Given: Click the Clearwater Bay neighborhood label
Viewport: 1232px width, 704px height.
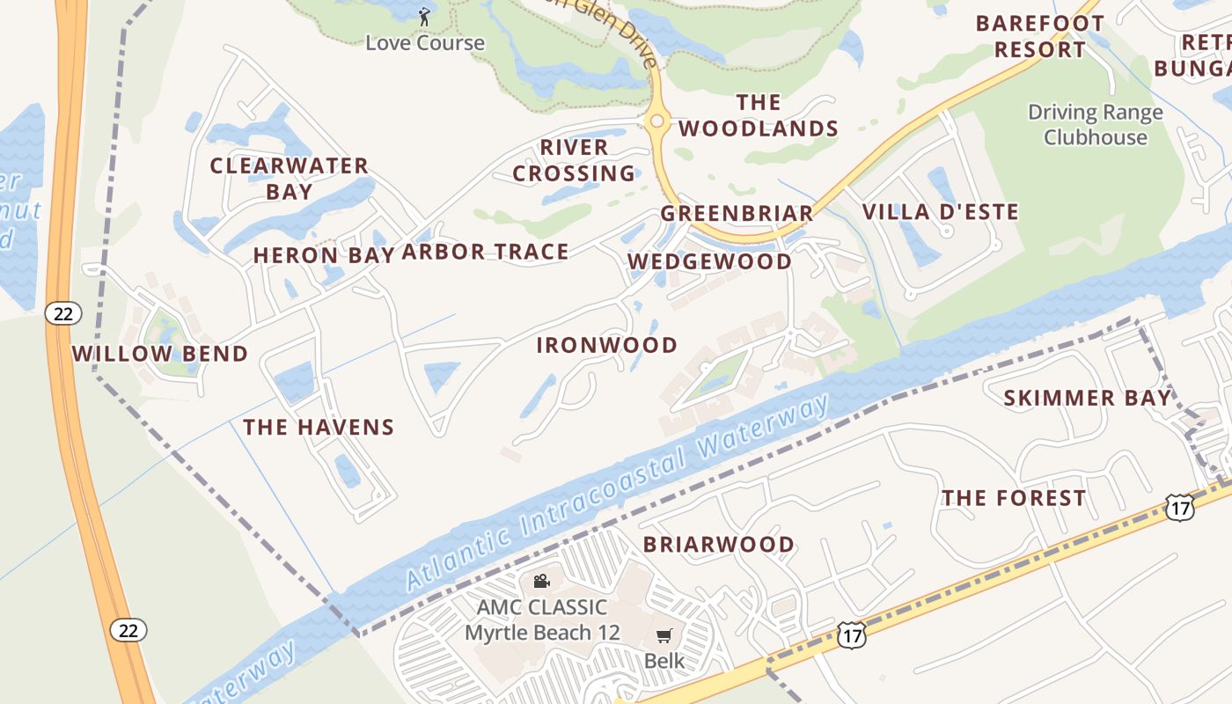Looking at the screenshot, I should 289,179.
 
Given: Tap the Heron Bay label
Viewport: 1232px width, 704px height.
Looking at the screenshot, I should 320,255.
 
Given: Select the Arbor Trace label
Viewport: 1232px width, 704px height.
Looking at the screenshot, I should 485,253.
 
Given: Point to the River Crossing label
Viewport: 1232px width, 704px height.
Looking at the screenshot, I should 574,160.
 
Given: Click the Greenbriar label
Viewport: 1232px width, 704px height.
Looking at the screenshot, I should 737,214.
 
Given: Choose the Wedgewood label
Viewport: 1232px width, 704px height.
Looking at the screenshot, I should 709,261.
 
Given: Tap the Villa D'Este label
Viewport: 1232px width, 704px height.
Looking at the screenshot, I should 940,212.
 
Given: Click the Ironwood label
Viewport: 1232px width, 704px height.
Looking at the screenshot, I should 607,345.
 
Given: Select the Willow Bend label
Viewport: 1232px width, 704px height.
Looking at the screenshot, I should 159,354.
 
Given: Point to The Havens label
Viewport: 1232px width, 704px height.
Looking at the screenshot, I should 319,428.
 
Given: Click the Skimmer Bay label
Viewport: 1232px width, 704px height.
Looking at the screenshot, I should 1088,398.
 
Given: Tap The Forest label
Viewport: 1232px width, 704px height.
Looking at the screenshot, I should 1014,498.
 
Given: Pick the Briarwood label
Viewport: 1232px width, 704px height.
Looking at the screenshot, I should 718,545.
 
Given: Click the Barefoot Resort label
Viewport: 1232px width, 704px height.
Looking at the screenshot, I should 1039,36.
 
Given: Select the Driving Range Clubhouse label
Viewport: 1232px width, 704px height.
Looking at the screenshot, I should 1095,125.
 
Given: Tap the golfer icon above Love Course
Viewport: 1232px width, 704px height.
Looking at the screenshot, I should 424,17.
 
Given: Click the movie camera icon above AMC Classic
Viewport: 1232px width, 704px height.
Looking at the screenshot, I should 541,582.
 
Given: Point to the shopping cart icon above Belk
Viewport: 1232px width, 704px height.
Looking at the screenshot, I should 664,635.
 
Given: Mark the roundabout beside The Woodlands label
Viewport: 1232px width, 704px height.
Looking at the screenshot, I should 656,122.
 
